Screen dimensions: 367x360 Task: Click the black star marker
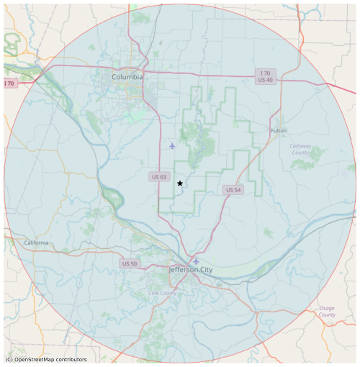[179, 183]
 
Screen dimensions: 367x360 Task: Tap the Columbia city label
[127, 77]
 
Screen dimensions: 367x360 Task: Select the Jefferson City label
[190, 270]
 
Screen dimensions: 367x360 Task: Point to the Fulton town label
[279, 131]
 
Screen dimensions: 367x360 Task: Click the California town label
[35, 243]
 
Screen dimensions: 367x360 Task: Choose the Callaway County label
[300, 150]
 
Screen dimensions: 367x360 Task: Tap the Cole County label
[162, 293]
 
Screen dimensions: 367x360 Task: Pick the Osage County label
[327, 312]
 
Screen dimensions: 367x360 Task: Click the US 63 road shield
[159, 177]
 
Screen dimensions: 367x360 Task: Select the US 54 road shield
[232, 190]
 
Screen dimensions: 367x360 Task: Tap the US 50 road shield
[130, 264]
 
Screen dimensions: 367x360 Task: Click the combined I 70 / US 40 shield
[265, 76]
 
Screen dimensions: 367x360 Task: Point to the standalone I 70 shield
[9, 84]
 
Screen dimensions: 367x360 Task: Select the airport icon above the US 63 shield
[172, 146]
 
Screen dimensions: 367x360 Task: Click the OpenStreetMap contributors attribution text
[46, 359]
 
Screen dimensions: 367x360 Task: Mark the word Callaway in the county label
[300, 146]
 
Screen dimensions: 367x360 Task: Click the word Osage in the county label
[327, 308]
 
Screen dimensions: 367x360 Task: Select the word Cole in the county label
[155, 293]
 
